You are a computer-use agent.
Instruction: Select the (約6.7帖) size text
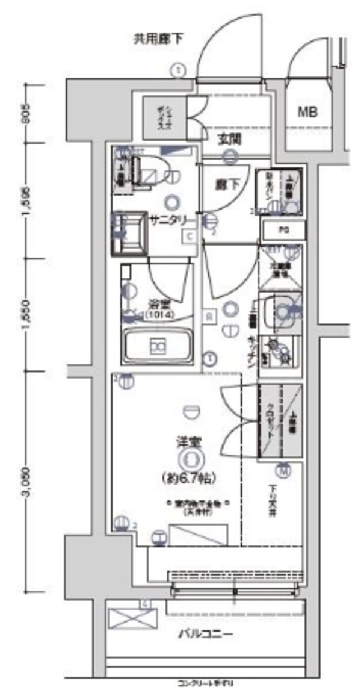click(190, 479)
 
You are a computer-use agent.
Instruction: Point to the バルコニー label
click(205, 634)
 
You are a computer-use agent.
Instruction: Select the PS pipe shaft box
click(283, 229)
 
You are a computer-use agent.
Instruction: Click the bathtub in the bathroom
click(158, 347)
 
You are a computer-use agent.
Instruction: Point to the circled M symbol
click(283, 470)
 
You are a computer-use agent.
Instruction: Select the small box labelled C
click(189, 237)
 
